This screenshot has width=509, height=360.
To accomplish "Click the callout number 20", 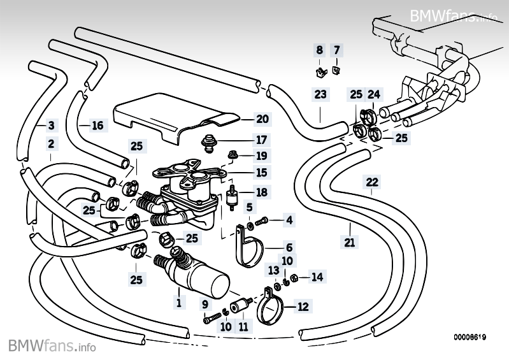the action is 262,119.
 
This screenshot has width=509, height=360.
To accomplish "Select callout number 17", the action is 261,140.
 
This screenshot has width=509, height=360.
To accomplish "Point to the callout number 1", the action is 178,302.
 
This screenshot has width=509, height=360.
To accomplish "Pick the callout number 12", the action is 303,306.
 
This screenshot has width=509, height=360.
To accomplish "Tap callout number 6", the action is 289,247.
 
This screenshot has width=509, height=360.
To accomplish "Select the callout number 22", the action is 372,182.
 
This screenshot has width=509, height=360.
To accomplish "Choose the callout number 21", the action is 349,242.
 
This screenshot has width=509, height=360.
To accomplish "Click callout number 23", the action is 320,94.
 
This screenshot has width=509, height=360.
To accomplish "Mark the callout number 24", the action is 374,94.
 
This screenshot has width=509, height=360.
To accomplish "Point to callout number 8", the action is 320,50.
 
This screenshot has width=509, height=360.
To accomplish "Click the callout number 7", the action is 336,50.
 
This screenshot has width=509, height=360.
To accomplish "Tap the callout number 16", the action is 97,126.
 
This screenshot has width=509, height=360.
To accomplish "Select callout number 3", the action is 52,126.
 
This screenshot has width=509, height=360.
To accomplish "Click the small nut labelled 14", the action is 294,278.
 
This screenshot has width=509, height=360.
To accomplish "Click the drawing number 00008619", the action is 470,337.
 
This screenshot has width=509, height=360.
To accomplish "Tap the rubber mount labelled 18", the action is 232,198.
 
